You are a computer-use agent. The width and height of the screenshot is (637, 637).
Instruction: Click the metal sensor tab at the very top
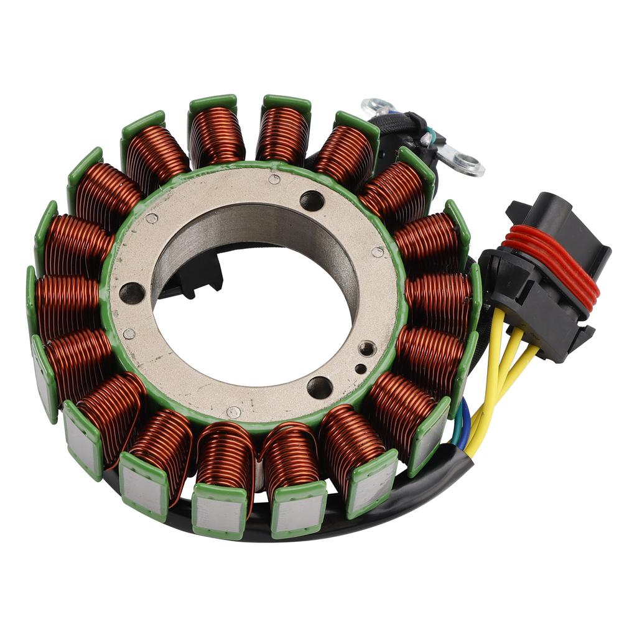point(377,105)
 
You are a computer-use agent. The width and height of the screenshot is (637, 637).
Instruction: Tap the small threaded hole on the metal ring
point(368,349)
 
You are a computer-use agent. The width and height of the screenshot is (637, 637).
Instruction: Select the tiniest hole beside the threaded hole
point(360,369)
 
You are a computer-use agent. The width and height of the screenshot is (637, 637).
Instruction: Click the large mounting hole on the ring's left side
point(131,292)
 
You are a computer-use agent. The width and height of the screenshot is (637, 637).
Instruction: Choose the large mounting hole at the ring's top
point(312,201)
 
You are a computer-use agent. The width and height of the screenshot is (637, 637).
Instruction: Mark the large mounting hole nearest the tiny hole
point(320,387)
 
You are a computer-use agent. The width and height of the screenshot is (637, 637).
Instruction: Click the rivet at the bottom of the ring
point(233,412)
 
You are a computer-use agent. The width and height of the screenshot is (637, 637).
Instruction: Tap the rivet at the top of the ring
point(274,179)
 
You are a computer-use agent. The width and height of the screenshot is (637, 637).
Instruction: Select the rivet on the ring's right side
point(377,252)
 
